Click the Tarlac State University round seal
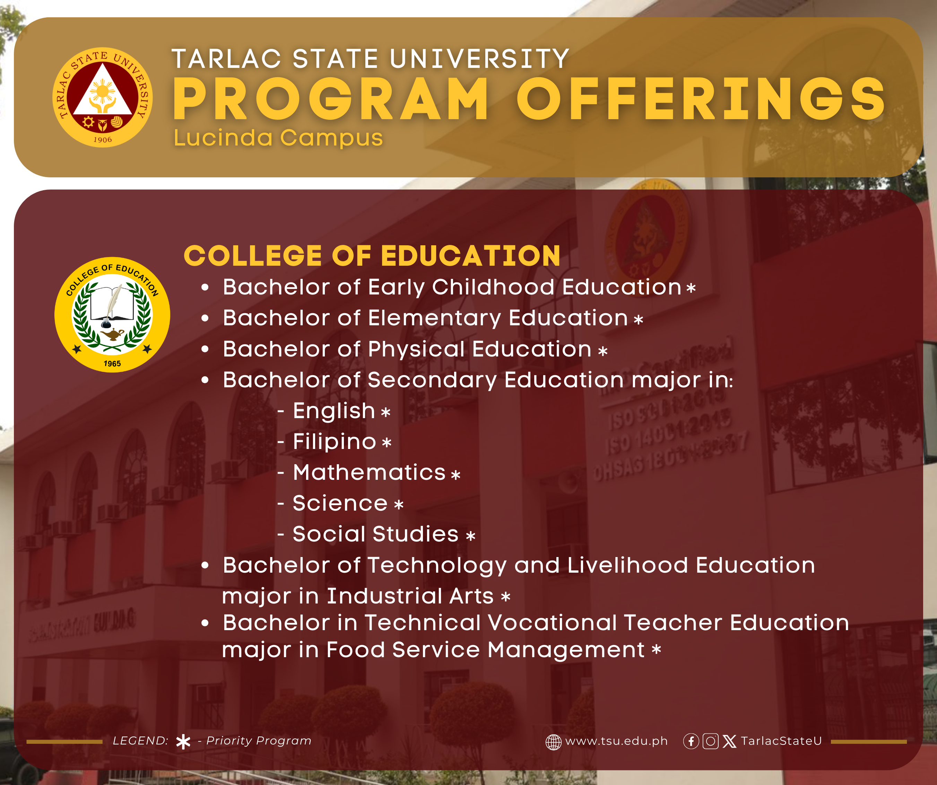[103, 97]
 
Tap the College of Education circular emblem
[112, 315]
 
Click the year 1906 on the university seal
[103, 140]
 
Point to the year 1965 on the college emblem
[112, 363]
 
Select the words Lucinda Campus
[278, 138]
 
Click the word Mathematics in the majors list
[369, 472]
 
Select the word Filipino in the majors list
[334, 442]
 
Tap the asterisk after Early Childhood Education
[691, 288]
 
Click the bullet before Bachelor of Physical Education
[205, 350]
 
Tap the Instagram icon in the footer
[710, 741]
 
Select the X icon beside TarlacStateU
[729, 741]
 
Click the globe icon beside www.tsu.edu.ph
[553, 742]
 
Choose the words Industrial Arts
[410, 596]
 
